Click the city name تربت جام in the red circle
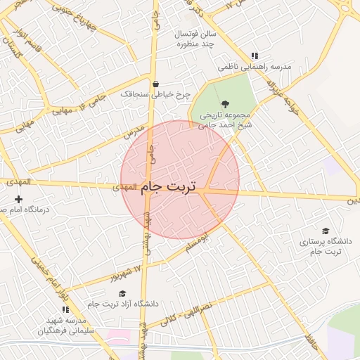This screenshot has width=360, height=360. coord(169,188)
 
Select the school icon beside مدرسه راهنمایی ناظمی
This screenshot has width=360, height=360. coord(255,56)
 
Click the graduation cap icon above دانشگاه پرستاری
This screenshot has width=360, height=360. coord(325,231)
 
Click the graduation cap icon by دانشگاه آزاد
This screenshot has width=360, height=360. coord(122,294)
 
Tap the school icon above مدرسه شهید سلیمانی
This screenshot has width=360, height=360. coord(65,309)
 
